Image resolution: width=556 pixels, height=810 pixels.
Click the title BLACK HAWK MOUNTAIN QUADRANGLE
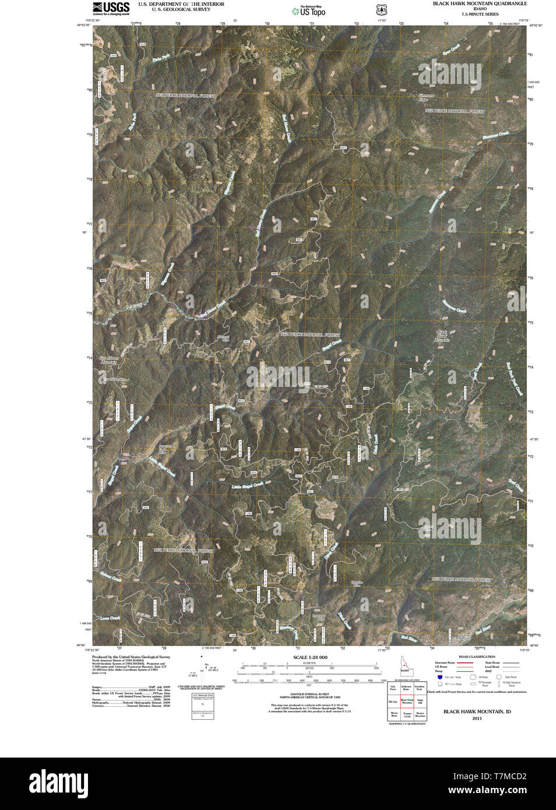point(479,3)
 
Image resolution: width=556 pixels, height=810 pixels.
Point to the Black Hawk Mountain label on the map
point(444,336)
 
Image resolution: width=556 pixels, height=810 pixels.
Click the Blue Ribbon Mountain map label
point(108,360)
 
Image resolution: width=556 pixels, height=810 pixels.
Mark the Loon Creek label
point(110,618)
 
